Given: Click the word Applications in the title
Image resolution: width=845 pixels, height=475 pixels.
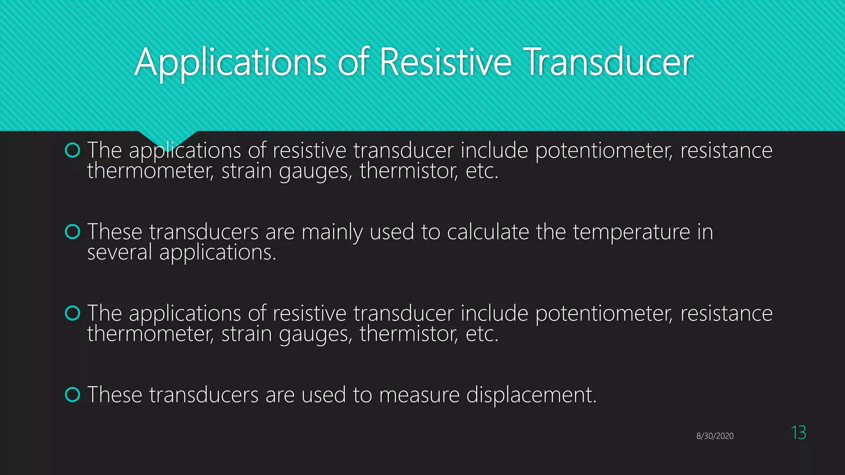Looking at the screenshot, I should [x=231, y=63].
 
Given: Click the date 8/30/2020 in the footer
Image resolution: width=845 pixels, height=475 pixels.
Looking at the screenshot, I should [x=715, y=436].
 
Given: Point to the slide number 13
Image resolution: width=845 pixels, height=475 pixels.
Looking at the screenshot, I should [x=798, y=433].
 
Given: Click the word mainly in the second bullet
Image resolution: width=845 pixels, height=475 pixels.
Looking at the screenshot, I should [x=332, y=233].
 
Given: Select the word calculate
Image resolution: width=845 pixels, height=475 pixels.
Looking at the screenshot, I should [x=487, y=232].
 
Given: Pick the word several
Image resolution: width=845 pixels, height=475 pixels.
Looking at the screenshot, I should [x=120, y=252].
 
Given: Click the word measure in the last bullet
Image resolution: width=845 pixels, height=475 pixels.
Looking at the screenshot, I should [x=419, y=395].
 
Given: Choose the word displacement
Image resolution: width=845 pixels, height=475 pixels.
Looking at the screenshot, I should [x=531, y=395].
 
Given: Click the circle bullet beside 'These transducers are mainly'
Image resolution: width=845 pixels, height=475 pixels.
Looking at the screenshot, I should [x=73, y=232].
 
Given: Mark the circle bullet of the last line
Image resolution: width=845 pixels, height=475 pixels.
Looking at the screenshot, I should [x=73, y=395].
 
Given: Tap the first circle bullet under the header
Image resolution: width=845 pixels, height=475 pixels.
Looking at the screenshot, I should [x=73, y=150].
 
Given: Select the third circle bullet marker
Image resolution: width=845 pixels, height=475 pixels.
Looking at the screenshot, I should [x=73, y=313].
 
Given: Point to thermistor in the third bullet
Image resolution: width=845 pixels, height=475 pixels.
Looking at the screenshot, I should [x=408, y=334].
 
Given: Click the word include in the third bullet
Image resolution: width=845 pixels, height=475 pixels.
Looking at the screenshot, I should [x=494, y=313].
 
